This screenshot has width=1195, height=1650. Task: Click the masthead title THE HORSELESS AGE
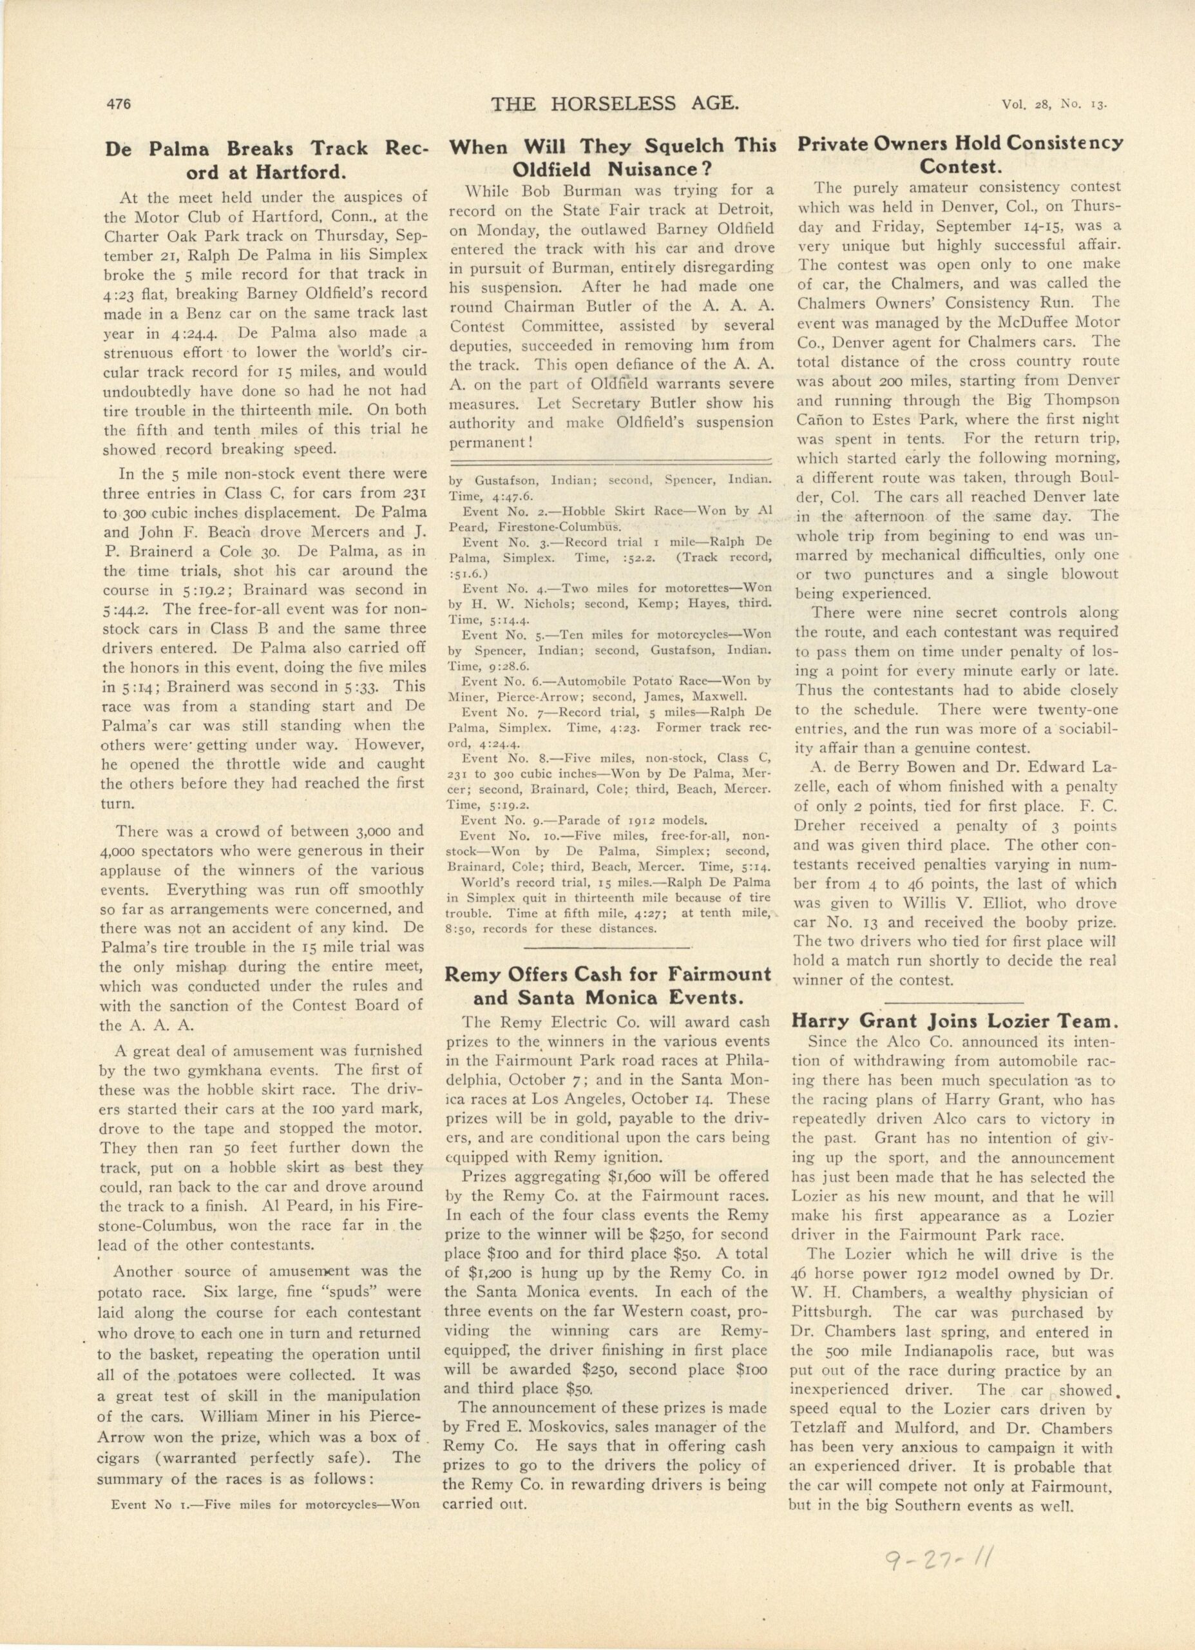[x=615, y=105]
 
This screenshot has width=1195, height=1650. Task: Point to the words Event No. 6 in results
[x=497, y=682]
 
